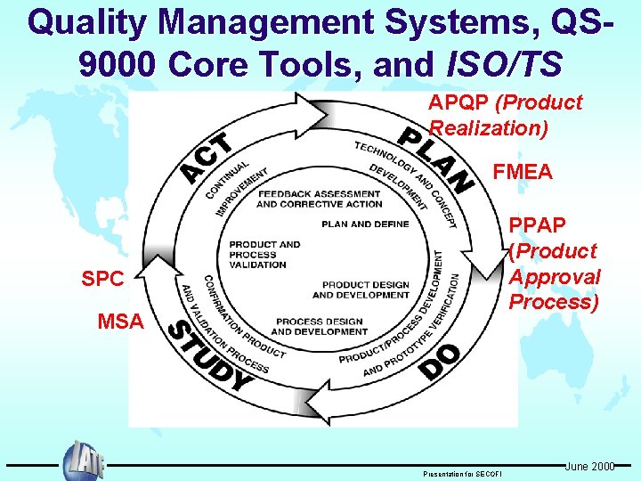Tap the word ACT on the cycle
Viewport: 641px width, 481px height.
click(x=207, y=158)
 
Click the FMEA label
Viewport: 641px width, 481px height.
click(x=523, y=170)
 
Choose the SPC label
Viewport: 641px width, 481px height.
click(x=102, y=279)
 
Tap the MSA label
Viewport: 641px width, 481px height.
click(x=119, y=321)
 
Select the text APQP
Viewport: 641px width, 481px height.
click(x=459, y=103)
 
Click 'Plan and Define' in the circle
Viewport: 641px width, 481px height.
click(x=366, y=224)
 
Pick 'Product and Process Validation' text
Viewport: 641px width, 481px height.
click(x=264, y=254)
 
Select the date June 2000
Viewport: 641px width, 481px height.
click(x=589, y=466)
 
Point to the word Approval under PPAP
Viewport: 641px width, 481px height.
click(x=554, y=277)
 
